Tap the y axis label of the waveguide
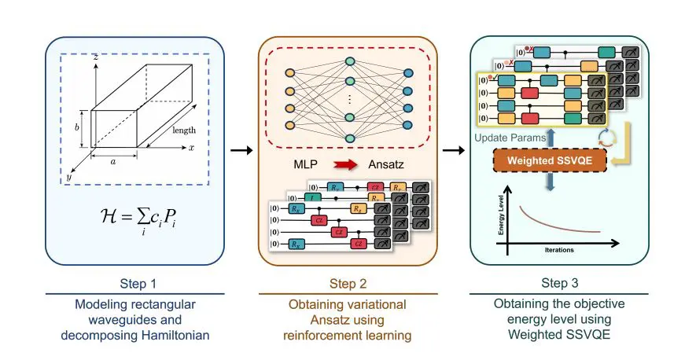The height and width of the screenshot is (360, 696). pyautogui.click(x=69, y=178)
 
